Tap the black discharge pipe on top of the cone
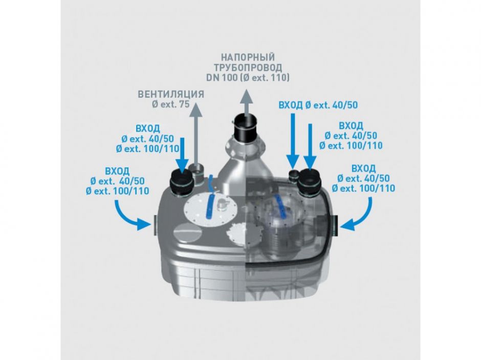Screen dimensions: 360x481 pyautogui.click(x=247, y=129)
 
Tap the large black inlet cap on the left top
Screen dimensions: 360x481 pyautogui.click(x=182, y=182)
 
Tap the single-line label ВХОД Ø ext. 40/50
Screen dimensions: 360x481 pyautogui.click(x=317, y=106)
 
